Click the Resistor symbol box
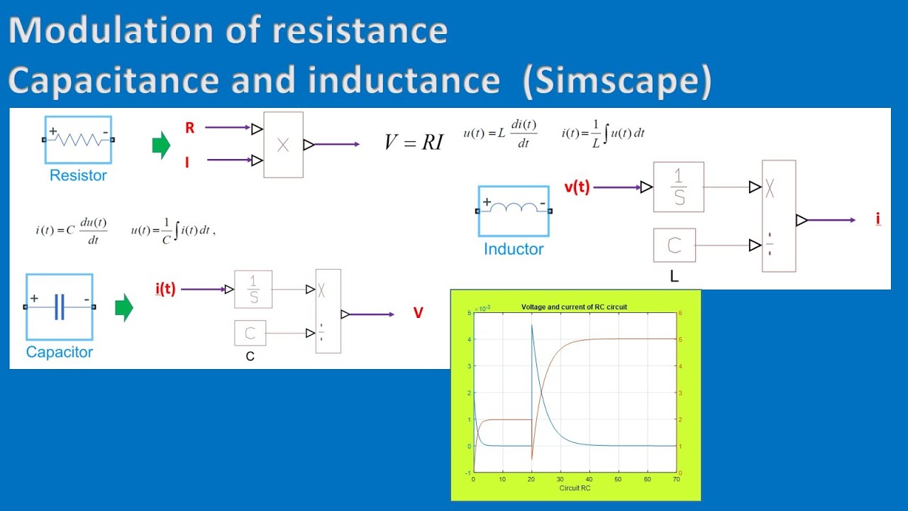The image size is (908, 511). [78, 140]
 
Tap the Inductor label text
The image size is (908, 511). [514, 249]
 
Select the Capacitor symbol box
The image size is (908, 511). [60, 307]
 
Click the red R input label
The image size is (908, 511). [189, 128]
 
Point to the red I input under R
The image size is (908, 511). [187, 163]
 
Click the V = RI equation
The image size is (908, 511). [414, 142]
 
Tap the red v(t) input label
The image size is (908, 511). [577, 187]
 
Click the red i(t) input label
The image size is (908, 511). [165, 289]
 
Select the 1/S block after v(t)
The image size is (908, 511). [679, 187]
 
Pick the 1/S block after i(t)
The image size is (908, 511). [253, 290]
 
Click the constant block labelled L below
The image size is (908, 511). [675, 246]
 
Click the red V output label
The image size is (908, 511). [419, 313]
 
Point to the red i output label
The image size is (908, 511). [878, 219]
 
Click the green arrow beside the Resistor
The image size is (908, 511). [162, 145]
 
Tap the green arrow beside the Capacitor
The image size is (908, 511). [124, 308]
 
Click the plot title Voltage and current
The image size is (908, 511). [574, 307]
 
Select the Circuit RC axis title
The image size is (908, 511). [575, 488]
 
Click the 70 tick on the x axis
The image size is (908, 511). [676, 480]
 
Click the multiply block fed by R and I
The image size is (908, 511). [283, 145]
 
